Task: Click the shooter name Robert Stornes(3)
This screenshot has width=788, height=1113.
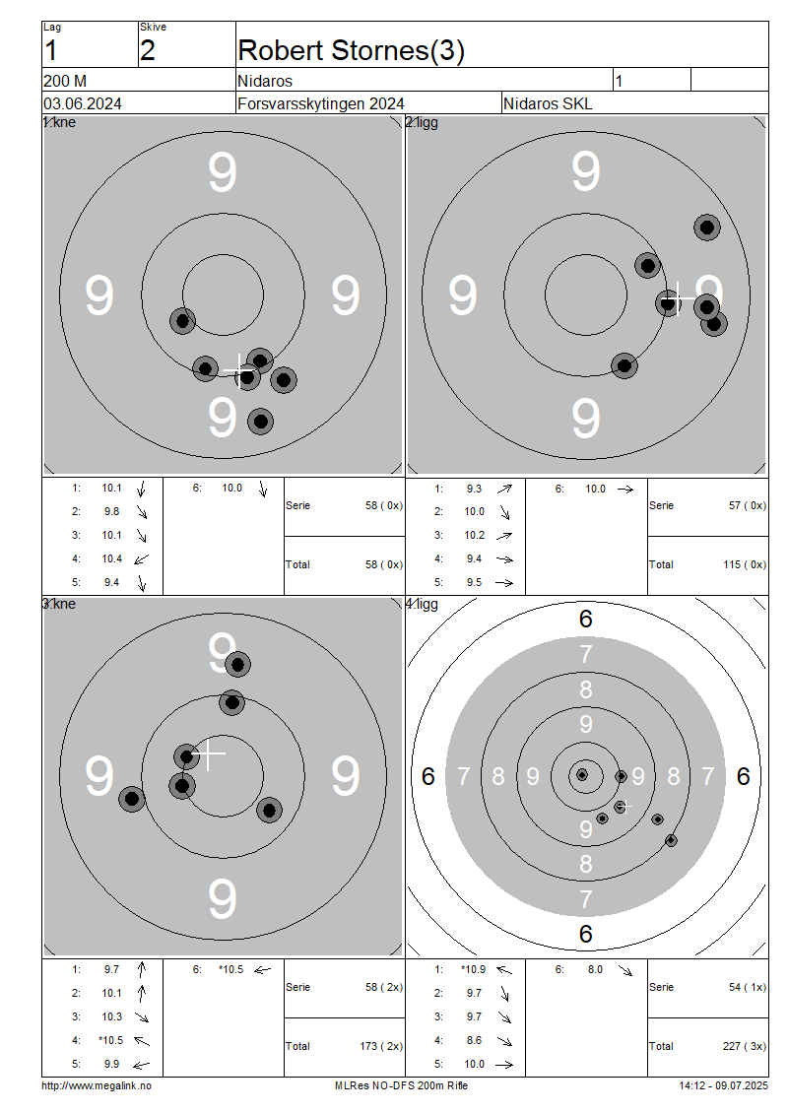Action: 351,51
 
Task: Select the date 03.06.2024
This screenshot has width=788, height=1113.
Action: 83,103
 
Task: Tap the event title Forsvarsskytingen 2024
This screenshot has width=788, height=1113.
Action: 321,103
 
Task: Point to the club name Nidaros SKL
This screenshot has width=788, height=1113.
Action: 548,103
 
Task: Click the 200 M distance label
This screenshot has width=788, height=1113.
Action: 65,81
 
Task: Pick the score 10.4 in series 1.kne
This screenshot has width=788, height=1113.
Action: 111,558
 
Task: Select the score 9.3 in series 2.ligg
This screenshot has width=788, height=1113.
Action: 474,489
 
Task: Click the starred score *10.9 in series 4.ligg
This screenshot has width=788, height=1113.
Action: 473,969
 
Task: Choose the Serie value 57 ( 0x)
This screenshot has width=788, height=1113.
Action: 747,505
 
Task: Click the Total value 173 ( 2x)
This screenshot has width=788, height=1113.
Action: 381,1046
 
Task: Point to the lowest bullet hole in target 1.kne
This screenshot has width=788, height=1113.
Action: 261,422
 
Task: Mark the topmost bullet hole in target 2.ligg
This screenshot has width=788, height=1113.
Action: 707,228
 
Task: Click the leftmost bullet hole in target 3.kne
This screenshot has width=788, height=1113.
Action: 131,799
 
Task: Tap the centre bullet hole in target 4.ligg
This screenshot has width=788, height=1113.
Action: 582,774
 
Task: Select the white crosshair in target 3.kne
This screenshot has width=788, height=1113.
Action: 209,753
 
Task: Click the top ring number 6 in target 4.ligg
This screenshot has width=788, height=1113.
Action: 586,619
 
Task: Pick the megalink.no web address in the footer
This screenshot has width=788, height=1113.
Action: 97,1085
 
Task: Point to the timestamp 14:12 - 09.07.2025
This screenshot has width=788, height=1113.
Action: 723,1085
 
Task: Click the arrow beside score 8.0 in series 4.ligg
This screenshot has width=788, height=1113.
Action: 624,970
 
